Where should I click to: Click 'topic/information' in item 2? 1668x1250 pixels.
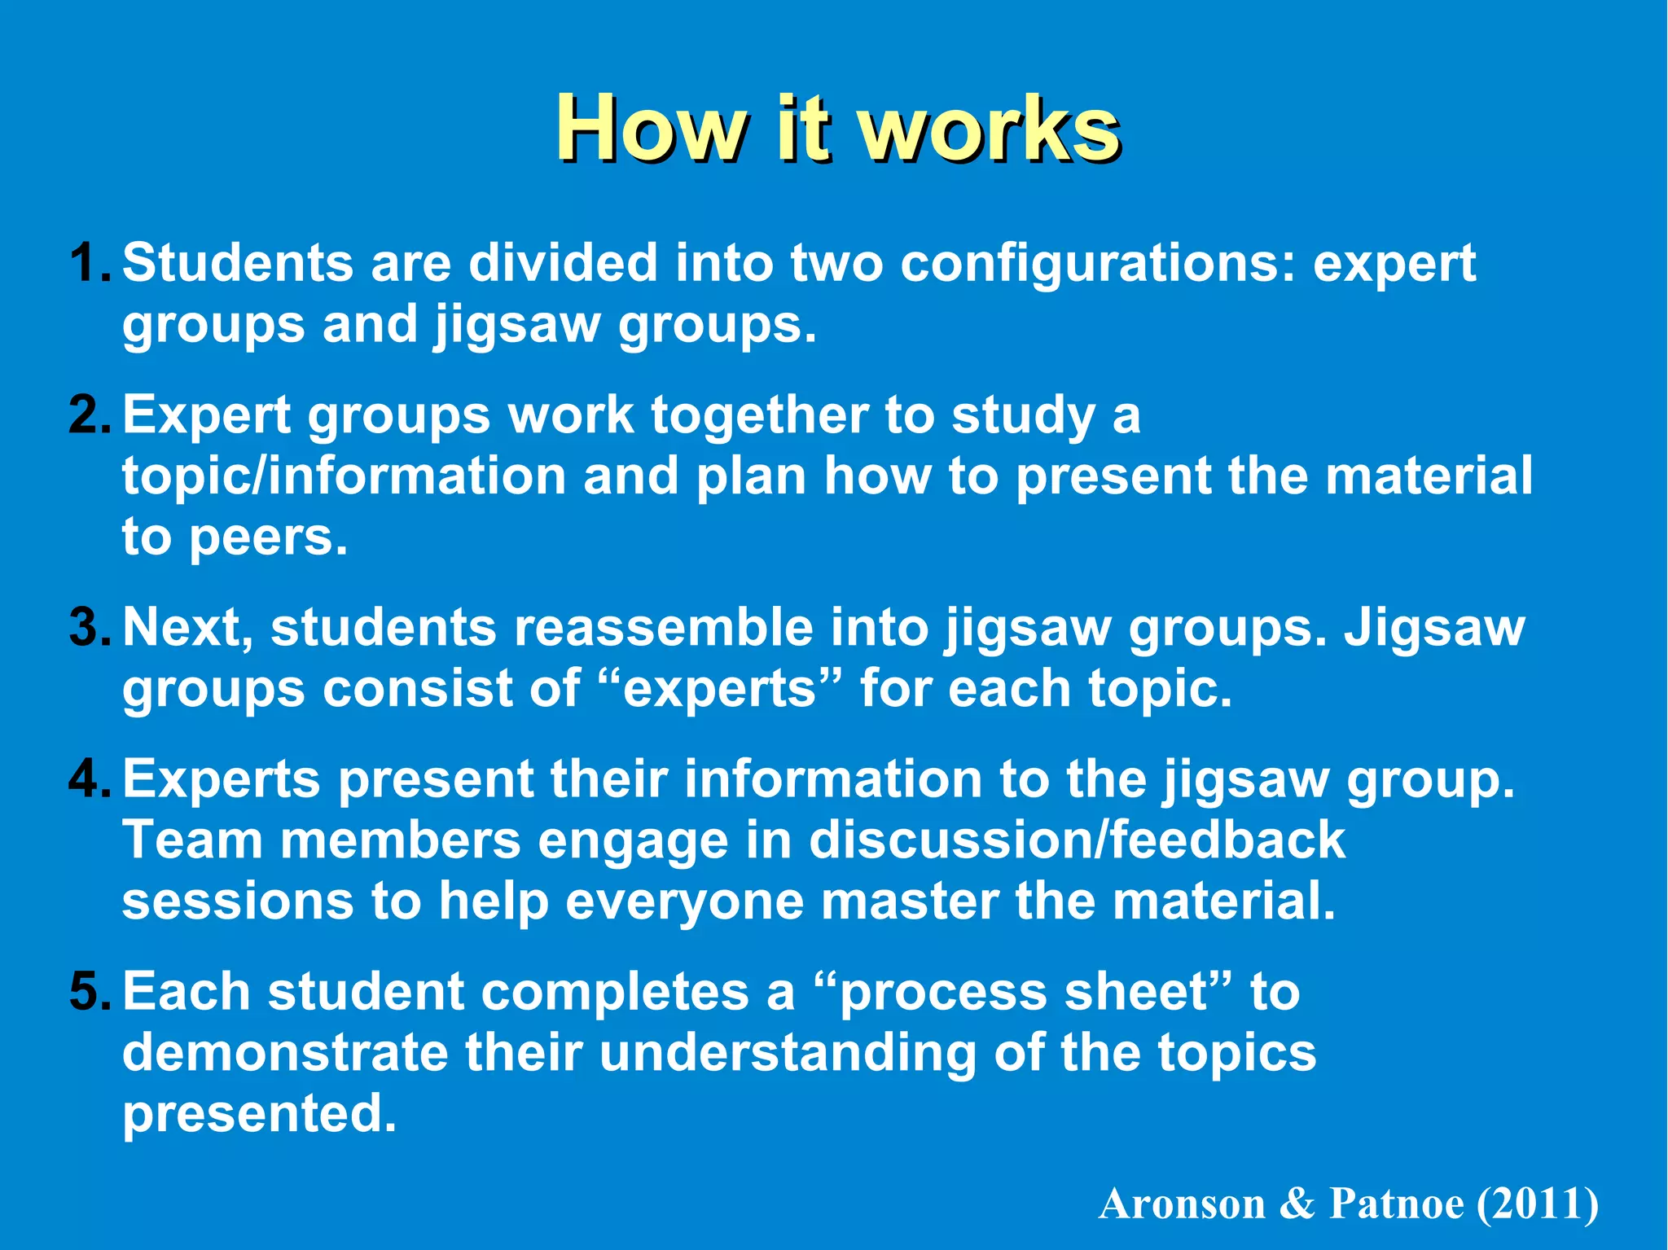point(344,476)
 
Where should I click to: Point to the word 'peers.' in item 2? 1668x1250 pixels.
point(269,538)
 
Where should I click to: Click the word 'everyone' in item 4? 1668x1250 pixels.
point(684,902)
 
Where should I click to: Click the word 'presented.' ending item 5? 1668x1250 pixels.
point(260,1115)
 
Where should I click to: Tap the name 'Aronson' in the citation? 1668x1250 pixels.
point(1182,1204)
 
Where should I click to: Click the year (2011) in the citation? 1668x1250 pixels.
point(1539,1204)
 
